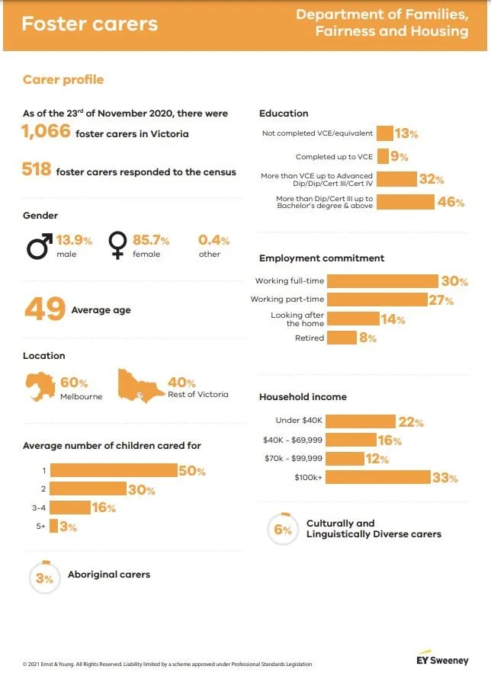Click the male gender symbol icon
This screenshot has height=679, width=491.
(x=40, y=245)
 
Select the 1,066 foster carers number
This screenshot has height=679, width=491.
(x=47, y=133)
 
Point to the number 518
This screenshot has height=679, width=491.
(x=37, y=170)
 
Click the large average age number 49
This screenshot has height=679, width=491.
(x=44, y=309)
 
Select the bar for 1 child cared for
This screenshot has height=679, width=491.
(x=114, y=471)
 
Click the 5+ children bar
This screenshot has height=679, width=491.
(x=55, y=526)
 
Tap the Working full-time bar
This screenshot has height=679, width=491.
(x=387, y=281)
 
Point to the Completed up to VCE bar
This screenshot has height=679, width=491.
(x=383, y=157)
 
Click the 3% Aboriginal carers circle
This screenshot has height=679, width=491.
(x=45, y=578)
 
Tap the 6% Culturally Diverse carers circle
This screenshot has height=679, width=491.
(x=283, y=530)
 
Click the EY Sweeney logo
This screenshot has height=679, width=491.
(x=443, y=659)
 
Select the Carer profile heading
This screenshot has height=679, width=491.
(x=63, y=80)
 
